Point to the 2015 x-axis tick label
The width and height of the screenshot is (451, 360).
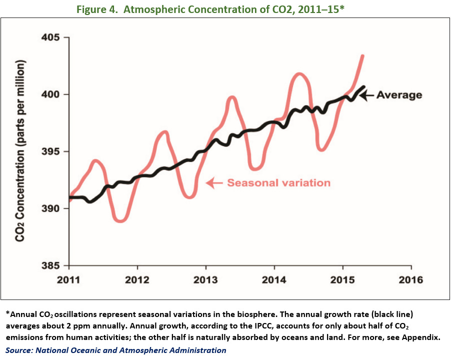342,280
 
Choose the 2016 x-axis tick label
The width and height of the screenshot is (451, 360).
411,280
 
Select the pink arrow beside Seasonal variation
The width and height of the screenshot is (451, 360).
214,183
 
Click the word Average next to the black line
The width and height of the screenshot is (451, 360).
399,94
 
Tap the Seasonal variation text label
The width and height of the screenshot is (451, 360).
278,183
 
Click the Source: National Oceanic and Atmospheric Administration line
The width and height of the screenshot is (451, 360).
116,350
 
